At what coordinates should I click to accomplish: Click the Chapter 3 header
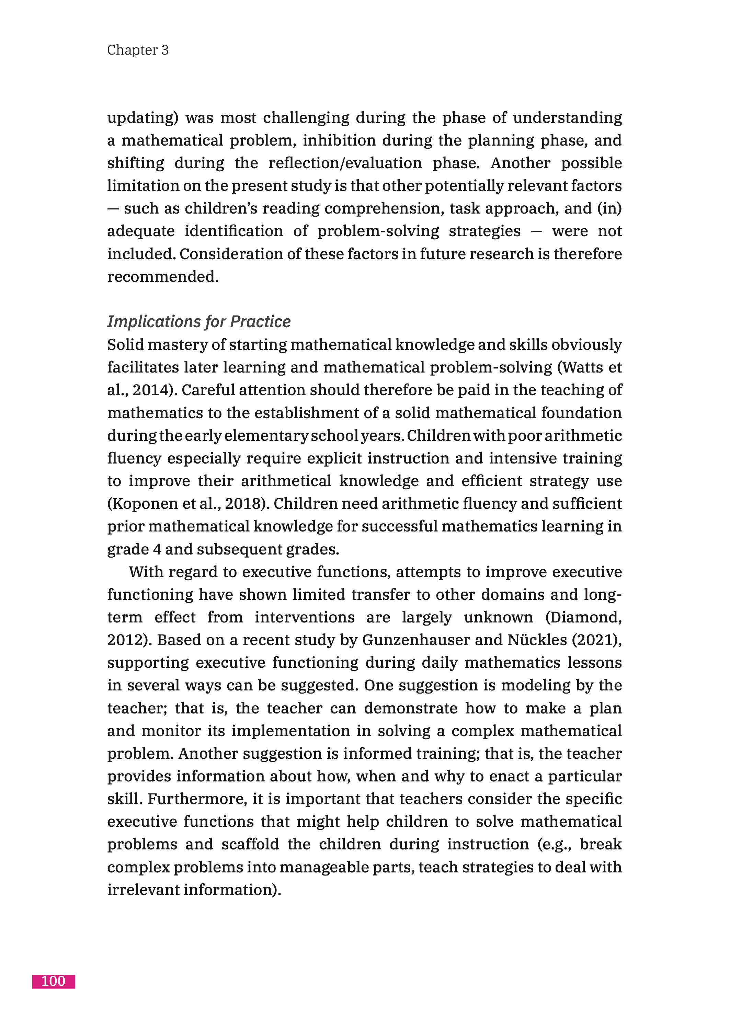pyautogui.click(x=138, y=50)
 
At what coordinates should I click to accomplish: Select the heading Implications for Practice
pyautogui.click(x=199, y=322)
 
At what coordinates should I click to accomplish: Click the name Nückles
pyautogui.click(x=537, y=640)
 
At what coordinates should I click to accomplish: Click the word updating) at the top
pyautogui.click(x=143, y=118)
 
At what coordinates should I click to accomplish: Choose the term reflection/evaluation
pyautogui.click(x=345, y=163)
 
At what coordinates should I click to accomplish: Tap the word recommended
pyautogui.click(x=163, y=277)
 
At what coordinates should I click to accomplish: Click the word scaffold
pyautogui.click(x=250, y=844)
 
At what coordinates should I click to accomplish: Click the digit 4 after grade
pyautogui.click(x=157, y=549)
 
